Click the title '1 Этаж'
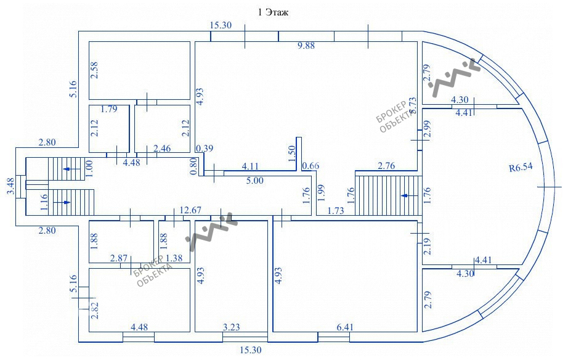point(272,12)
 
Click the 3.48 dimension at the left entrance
point(10,186)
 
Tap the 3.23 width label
point(231,327)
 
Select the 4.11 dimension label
point(250,166)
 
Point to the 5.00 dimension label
point(255,181)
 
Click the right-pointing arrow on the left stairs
point(65,201)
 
